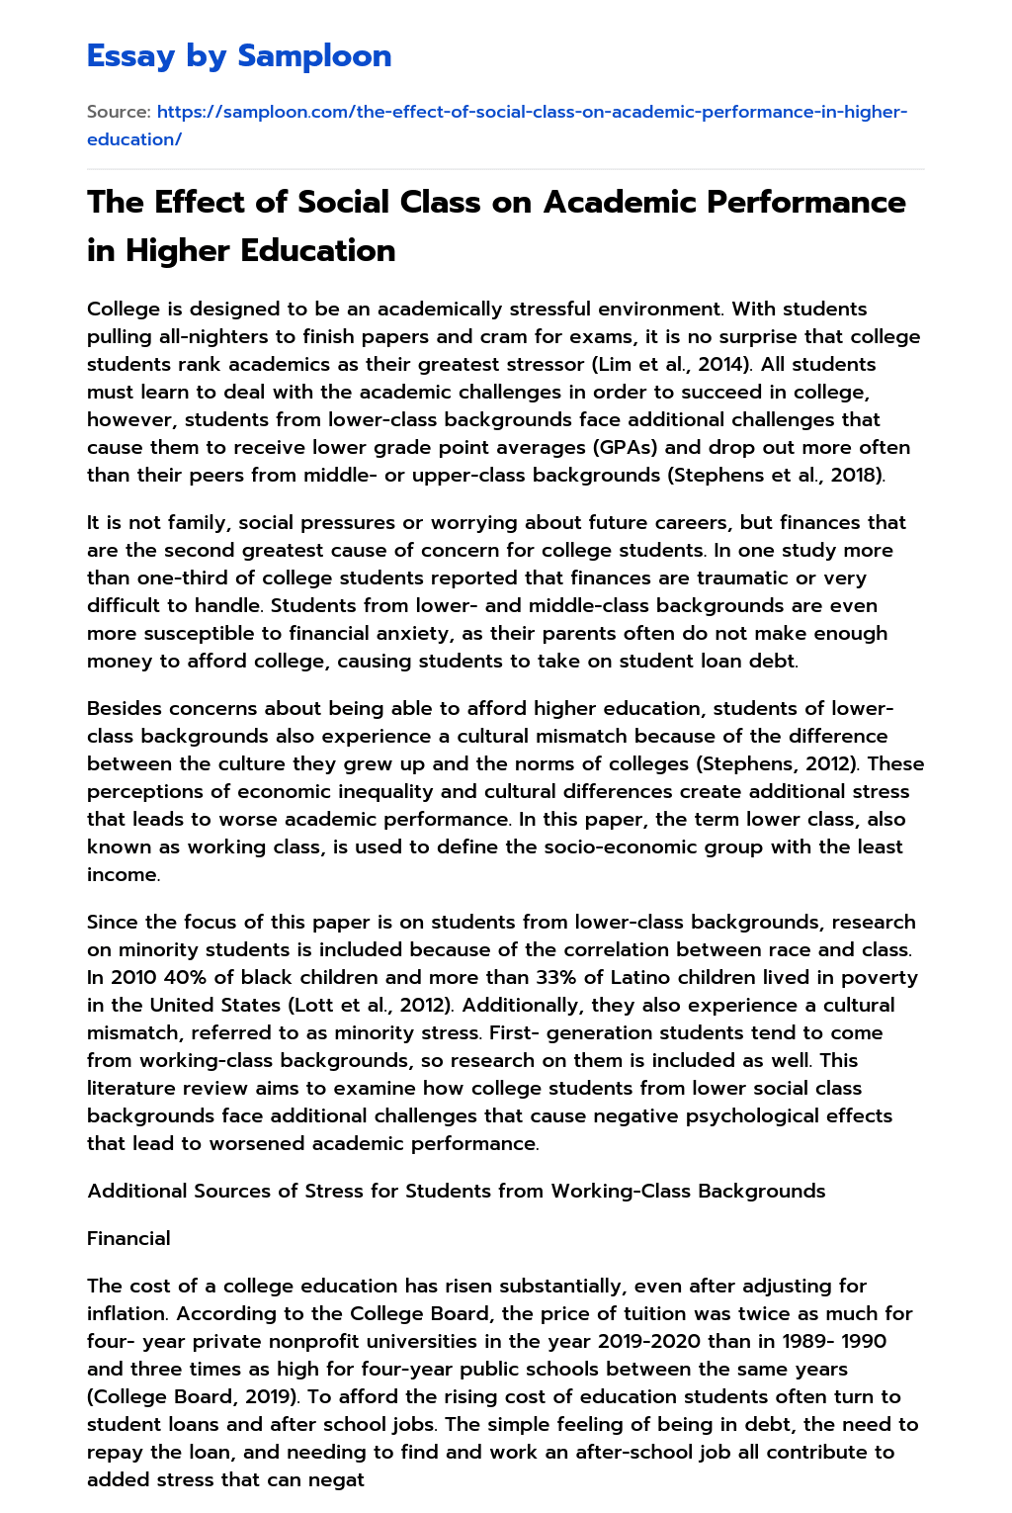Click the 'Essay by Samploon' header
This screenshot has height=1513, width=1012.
pos(239,56)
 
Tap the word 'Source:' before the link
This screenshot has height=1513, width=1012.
pos(119,112)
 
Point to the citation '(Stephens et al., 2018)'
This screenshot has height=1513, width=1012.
pos(777,475)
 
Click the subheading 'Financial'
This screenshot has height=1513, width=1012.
pos(128,1238)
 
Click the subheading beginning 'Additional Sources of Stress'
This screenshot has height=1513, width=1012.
pos(456,1191)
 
